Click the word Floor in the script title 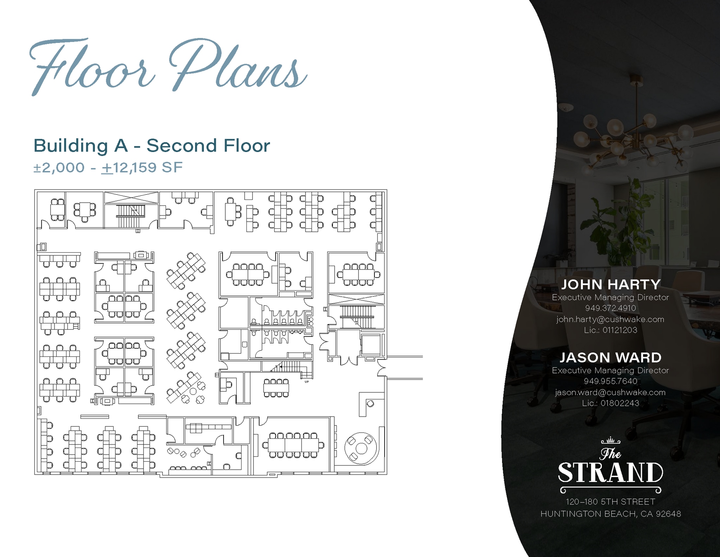click(x=92, y=67)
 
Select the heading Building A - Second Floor click(x=152, y=146)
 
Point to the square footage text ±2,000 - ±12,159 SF click(x=108, y=168)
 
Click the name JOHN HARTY click(x=611, y=284)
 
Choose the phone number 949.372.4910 click(x=611, y=308)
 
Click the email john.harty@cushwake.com click(x=610, y=319)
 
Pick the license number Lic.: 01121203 click(x=611, y=330)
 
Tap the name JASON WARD click(x=611, y=357)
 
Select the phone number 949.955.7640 click(x=611, y=381)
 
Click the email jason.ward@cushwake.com click(x=610, y=392)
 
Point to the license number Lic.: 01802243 click(x=611, y=403)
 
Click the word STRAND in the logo click(x=611, y=473)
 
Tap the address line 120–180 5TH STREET click(x=611, y=502)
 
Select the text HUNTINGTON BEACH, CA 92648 click(x=611, y=514)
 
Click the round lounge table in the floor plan click(x=361, y=449)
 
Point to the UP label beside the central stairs click(x=307, y=382)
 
